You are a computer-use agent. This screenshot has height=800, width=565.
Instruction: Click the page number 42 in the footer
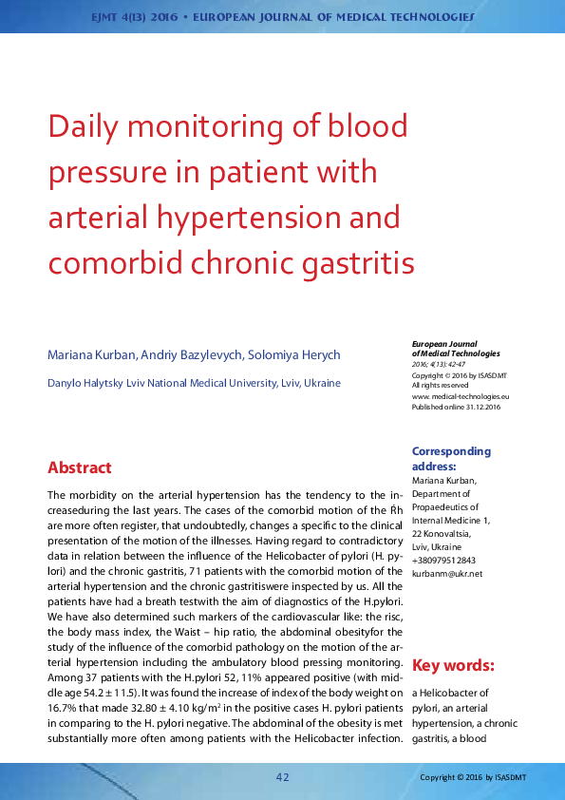[282, 778]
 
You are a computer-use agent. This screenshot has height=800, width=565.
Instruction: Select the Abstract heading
[80, 467]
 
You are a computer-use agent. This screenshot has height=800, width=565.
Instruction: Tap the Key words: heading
[453, 665]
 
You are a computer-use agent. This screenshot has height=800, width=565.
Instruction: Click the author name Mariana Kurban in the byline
[91, 355]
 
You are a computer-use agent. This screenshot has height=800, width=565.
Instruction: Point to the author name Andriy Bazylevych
[191, 355]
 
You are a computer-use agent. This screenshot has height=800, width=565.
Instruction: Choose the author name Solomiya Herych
[292, 355]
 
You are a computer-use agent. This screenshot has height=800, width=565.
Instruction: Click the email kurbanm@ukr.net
[446, 574]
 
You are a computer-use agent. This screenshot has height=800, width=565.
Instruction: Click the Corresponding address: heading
[451, 459]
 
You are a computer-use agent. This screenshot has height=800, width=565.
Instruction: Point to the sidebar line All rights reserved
[440, 386]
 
